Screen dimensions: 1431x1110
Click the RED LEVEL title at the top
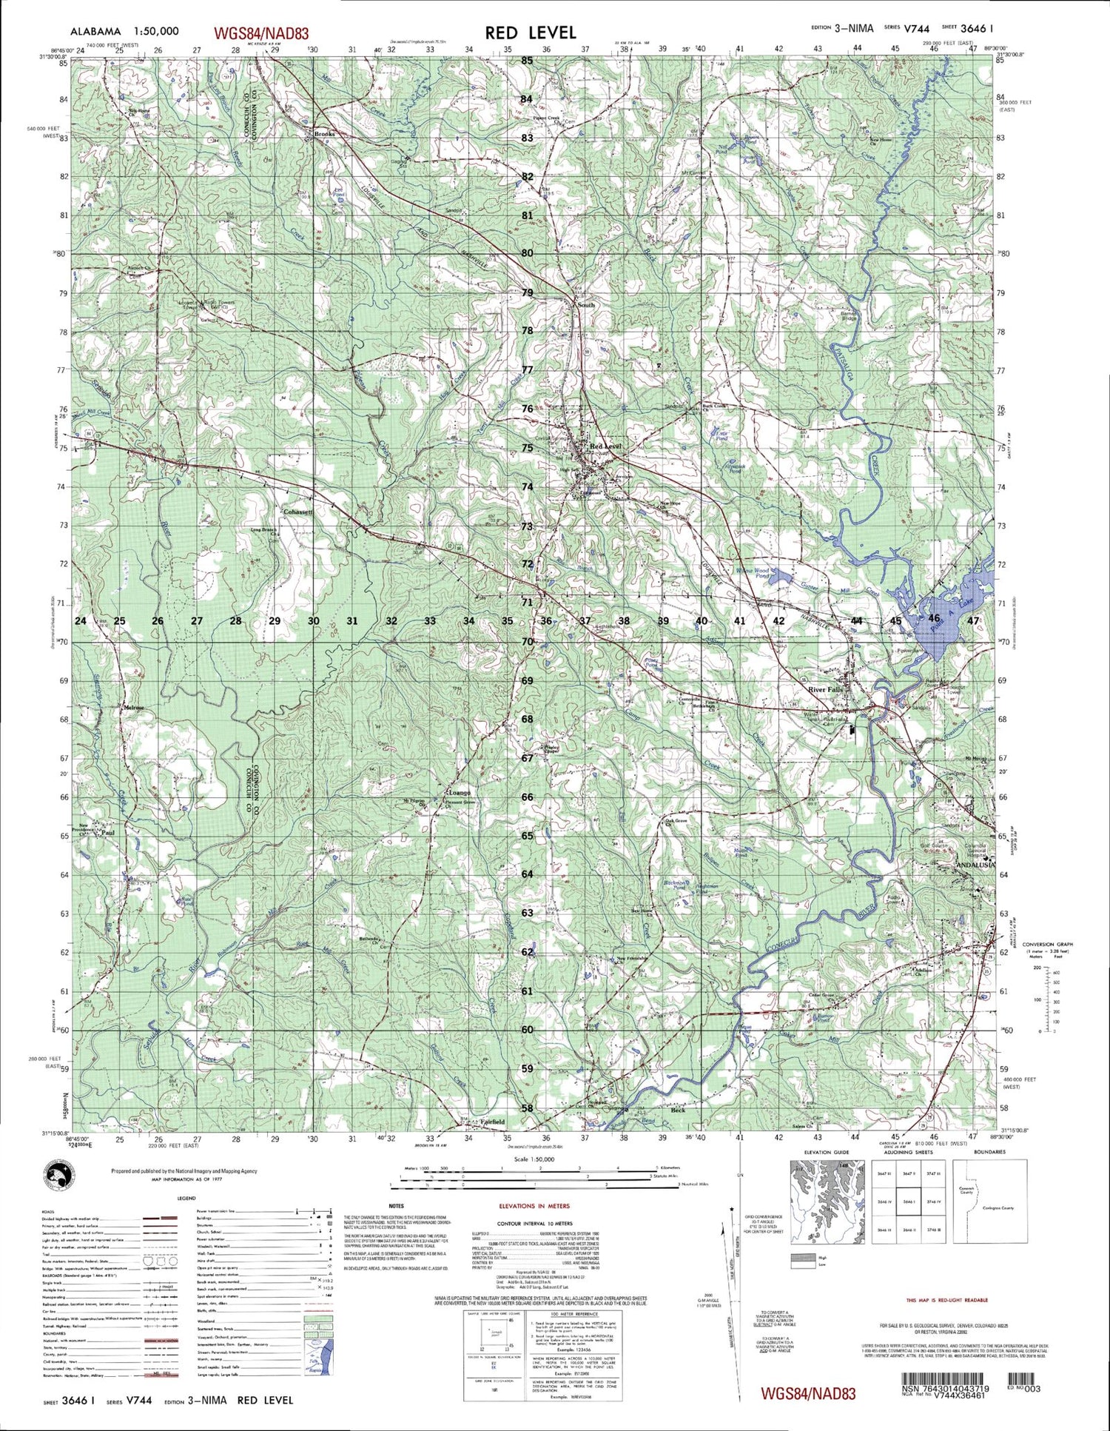tap(530, 33)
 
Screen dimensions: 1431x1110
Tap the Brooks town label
tap(324, 134)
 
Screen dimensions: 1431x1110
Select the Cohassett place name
tap(298, 512)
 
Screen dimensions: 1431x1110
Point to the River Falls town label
tap(825, 689)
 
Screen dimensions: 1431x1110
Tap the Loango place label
tap(459, 793)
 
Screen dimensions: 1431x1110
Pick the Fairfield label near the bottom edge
tap(492, 1122)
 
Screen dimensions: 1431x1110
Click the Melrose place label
tap(134, 708)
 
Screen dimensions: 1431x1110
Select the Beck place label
tap(677, 1110)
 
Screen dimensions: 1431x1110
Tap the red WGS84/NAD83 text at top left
tap(260, 33)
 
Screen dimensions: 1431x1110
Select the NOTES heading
tap(396, 1206)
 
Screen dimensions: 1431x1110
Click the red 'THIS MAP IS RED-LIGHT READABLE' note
tap(946, 1299)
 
